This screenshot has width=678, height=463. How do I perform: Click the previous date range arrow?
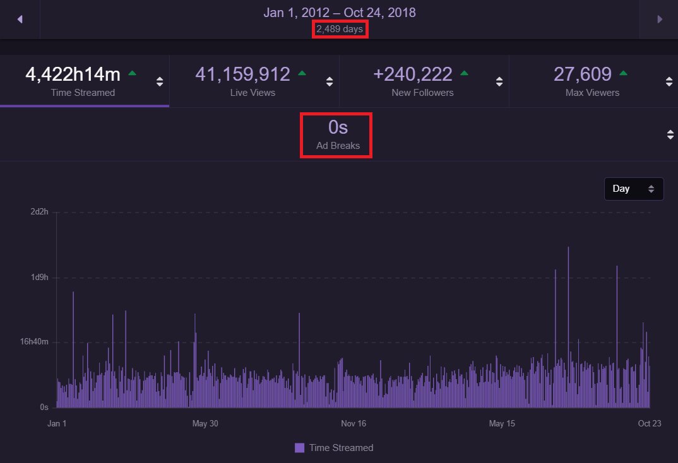[x=20, y=20]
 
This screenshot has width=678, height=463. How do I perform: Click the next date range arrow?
[x=660, y=20]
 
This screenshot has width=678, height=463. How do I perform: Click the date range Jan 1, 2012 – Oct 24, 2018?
[x=340, y=13]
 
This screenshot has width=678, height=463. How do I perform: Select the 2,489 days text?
[x=340, y=29]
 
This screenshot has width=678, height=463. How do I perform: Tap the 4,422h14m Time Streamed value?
[x=73, y=74]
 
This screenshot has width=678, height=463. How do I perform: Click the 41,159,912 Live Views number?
[x=242, y=74]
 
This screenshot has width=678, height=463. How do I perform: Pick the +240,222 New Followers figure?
[x=412, y=74]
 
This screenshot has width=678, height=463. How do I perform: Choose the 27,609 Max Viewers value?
[x=583, y=74]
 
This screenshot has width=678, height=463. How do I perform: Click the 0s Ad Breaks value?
[x=338, y=127]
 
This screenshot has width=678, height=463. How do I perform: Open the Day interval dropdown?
[x=633, y=189]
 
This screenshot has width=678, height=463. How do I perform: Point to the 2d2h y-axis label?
[x=39, y=212]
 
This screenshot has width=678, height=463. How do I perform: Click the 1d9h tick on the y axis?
[x=39, y=278]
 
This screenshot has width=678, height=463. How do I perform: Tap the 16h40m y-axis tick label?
[x=34, y=342]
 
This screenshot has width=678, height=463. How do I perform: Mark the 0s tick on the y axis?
[x=44, y=407]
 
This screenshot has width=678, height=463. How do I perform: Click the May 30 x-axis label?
[x=205, y=424]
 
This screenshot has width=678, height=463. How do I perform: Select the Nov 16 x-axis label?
[x=354, y=424]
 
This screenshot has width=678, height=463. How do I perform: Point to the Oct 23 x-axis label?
[x=650, y=424]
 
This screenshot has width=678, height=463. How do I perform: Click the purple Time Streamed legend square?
[x=299, y=448]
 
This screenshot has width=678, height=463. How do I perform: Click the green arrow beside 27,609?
[x=623, y=73]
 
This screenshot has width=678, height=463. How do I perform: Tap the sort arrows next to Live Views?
[x=330, y=81]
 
